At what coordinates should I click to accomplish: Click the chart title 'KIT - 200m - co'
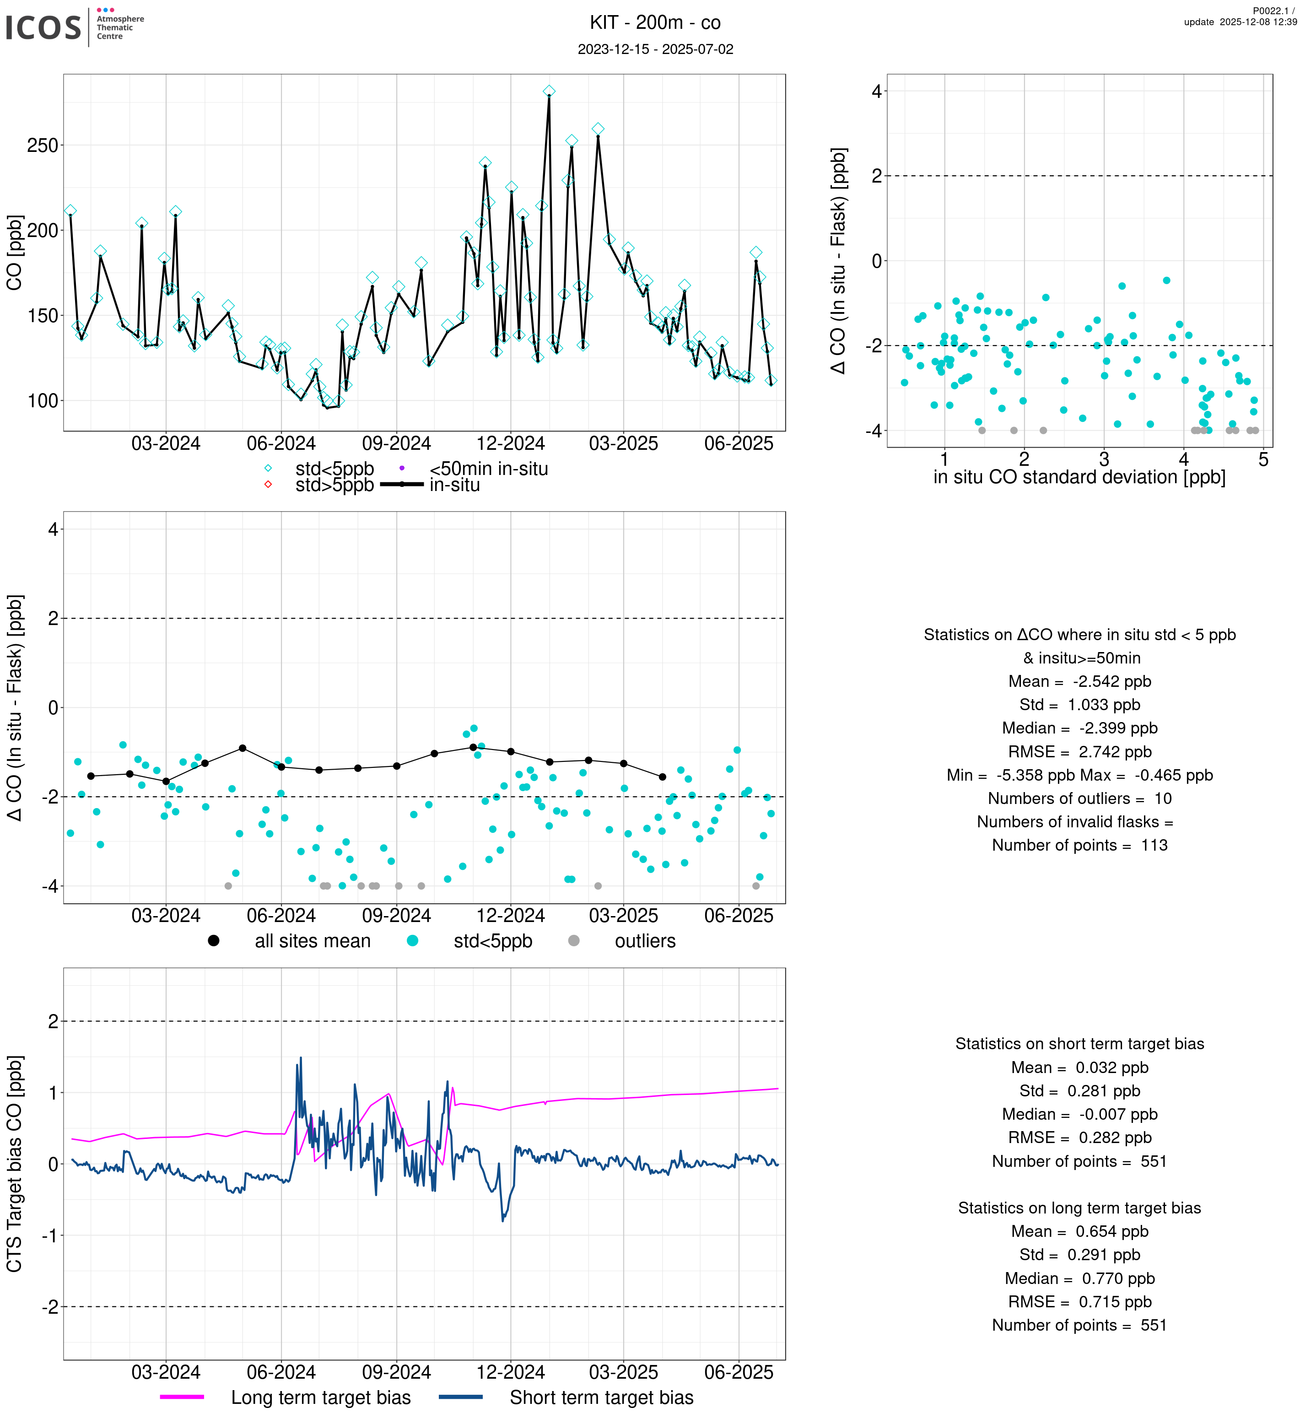pos(655,23)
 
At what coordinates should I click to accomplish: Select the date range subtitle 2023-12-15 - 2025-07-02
pos(655,49)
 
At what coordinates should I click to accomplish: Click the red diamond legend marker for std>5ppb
pos(268,485)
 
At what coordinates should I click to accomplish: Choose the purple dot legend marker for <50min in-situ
pos(402,468)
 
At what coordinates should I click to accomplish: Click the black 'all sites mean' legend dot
pos(214,940)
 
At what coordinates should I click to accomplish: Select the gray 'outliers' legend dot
pos(574,940)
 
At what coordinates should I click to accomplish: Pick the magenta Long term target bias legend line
pos(182,1397)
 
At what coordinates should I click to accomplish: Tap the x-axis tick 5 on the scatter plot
pos(1263,460)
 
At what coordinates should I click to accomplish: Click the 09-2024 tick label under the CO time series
pos(397,443)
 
